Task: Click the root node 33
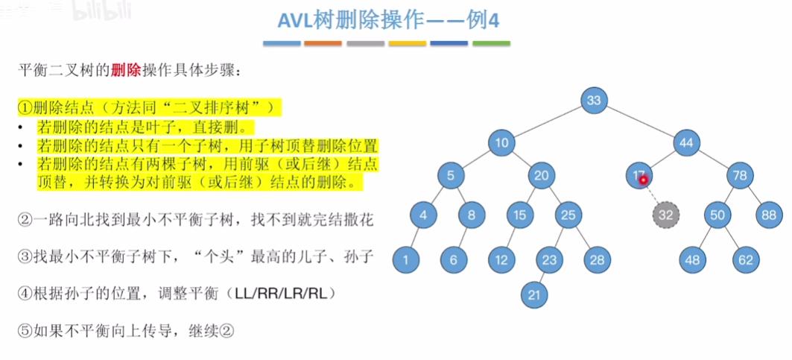(594, 101)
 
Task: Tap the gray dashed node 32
(666, 215)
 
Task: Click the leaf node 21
(533, 294)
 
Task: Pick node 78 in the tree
(740, 177)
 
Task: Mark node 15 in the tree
(519, 215)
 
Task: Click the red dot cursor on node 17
(642, 179)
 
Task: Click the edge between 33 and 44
(641, 121)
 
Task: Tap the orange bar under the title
(323, 44)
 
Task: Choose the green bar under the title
(491, 44)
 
